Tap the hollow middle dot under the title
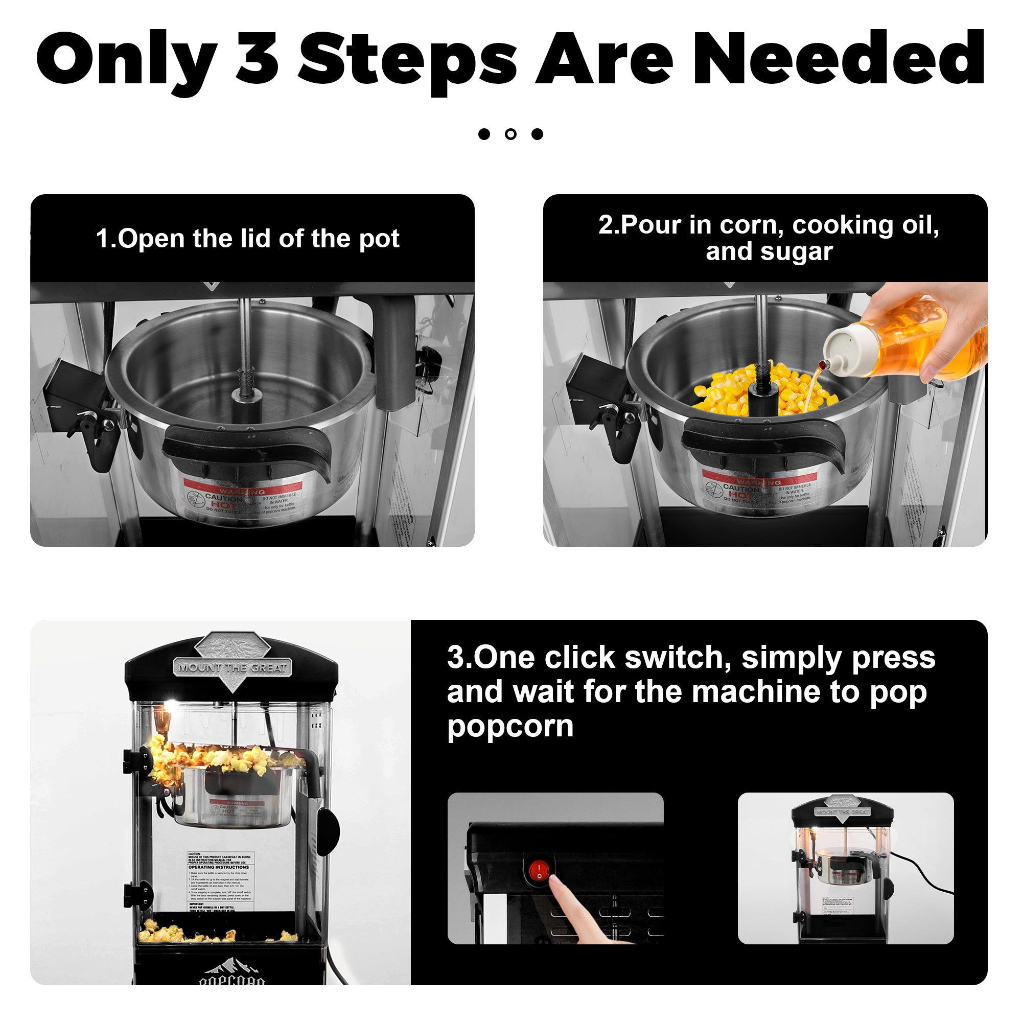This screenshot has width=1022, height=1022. point(510,134)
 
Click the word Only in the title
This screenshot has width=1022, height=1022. point(127,59)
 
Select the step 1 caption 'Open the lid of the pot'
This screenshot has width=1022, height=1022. point(247,239)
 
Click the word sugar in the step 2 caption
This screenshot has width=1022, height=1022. point(796,252)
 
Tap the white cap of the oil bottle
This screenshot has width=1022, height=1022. point(845,349)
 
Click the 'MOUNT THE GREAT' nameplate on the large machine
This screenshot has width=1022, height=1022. point(232,667)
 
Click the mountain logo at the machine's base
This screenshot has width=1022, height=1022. point(231,967)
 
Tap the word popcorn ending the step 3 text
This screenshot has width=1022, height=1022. point(510,726)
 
